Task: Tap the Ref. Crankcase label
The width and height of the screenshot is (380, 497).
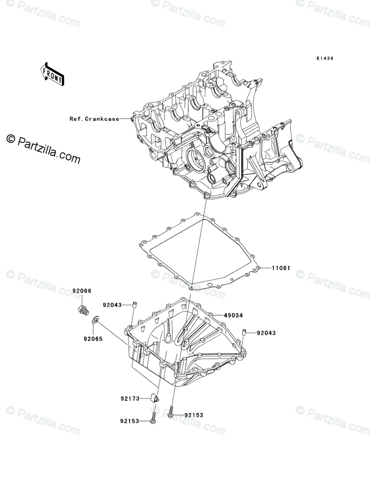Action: tap(94, 119)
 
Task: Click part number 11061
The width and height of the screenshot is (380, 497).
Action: tap(281, 268)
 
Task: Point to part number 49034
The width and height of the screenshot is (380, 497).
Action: tap(233, 316)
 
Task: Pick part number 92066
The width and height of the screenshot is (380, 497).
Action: tap(82, 291)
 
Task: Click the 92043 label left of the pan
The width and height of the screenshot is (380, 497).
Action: tap(112, 305)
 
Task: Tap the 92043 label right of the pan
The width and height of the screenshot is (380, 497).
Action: tap(266, 333)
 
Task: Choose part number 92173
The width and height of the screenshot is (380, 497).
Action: tap(130, 399)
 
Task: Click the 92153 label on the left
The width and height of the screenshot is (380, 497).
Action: tap(130, 421)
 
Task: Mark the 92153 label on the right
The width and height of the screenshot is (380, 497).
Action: tap(194, 415)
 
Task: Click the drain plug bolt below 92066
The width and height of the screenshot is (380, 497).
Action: tap(83, 311)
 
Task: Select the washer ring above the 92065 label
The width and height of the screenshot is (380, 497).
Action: tap(96, 319)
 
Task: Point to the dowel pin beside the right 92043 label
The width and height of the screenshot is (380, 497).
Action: tap(245, 332)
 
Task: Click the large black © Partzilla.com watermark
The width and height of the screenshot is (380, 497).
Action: tap(43, 149)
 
